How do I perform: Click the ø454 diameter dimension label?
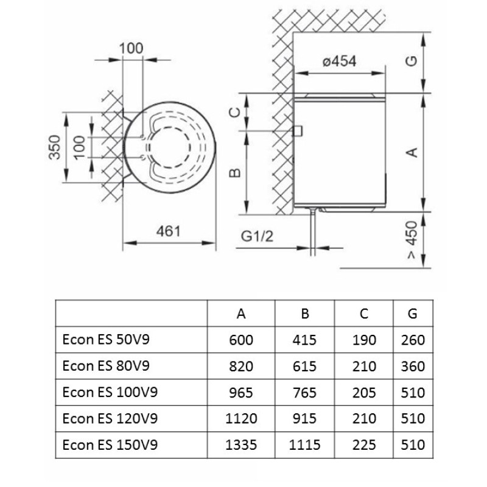(339, 61)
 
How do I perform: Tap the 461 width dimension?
(169, 231)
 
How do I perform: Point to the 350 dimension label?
(55, 147)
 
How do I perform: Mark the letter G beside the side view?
(412, 63)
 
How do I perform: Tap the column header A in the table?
(241, 314)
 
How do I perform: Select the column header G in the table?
(413, 314)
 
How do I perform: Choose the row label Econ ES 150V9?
(110, 445)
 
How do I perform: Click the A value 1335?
(241, 445)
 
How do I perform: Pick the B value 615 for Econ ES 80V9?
(305, 366)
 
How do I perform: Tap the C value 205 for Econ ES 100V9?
(364, 393)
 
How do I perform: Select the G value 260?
(413, 340)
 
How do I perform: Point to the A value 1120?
(241, 419)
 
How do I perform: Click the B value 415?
(305, 340)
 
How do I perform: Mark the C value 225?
(364, 445)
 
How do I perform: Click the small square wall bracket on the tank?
(298, 131)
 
